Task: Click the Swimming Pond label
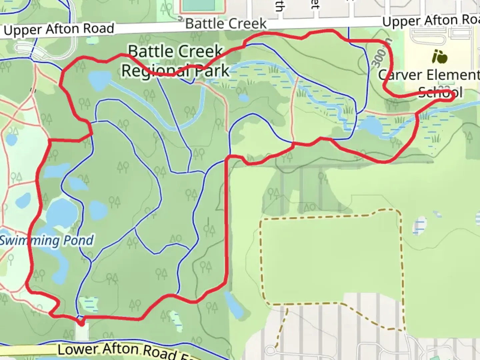[47, 240]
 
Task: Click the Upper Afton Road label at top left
[59, 29]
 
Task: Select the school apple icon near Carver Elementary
[439, 57]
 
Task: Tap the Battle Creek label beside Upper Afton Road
[226, 24]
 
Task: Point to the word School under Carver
[440, 92]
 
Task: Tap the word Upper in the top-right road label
[401, 22]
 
